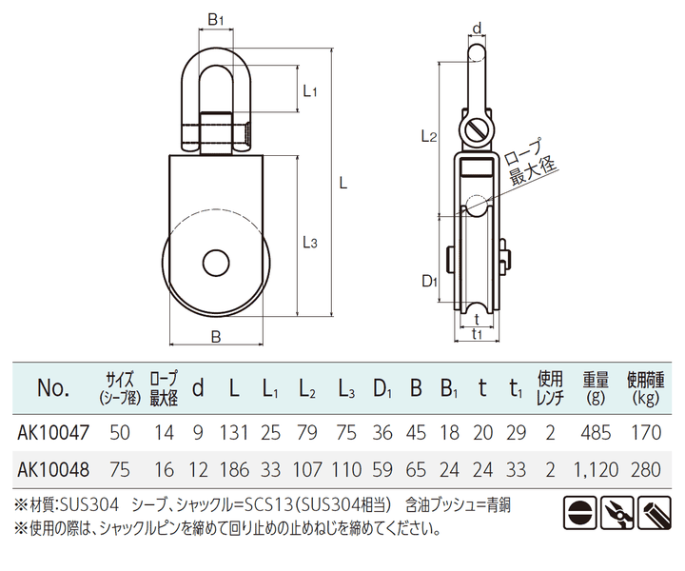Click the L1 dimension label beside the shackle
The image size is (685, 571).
click(x=308, y=91)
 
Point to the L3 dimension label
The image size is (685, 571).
click(x=308, y=243)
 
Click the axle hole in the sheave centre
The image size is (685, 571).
click(x=216, y=264)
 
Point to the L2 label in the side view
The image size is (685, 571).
click(x=428, y=136)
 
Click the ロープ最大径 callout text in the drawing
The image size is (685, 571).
click(x=531, y=165)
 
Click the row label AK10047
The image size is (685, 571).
click(x=54, y=433)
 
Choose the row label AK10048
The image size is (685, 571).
click(x=54, y=468)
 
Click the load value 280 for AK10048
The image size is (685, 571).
click(x=645, y=468)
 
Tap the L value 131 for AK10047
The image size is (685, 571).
click(x=234, y=433)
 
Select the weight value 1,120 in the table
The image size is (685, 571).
click(x=596, y=468)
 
